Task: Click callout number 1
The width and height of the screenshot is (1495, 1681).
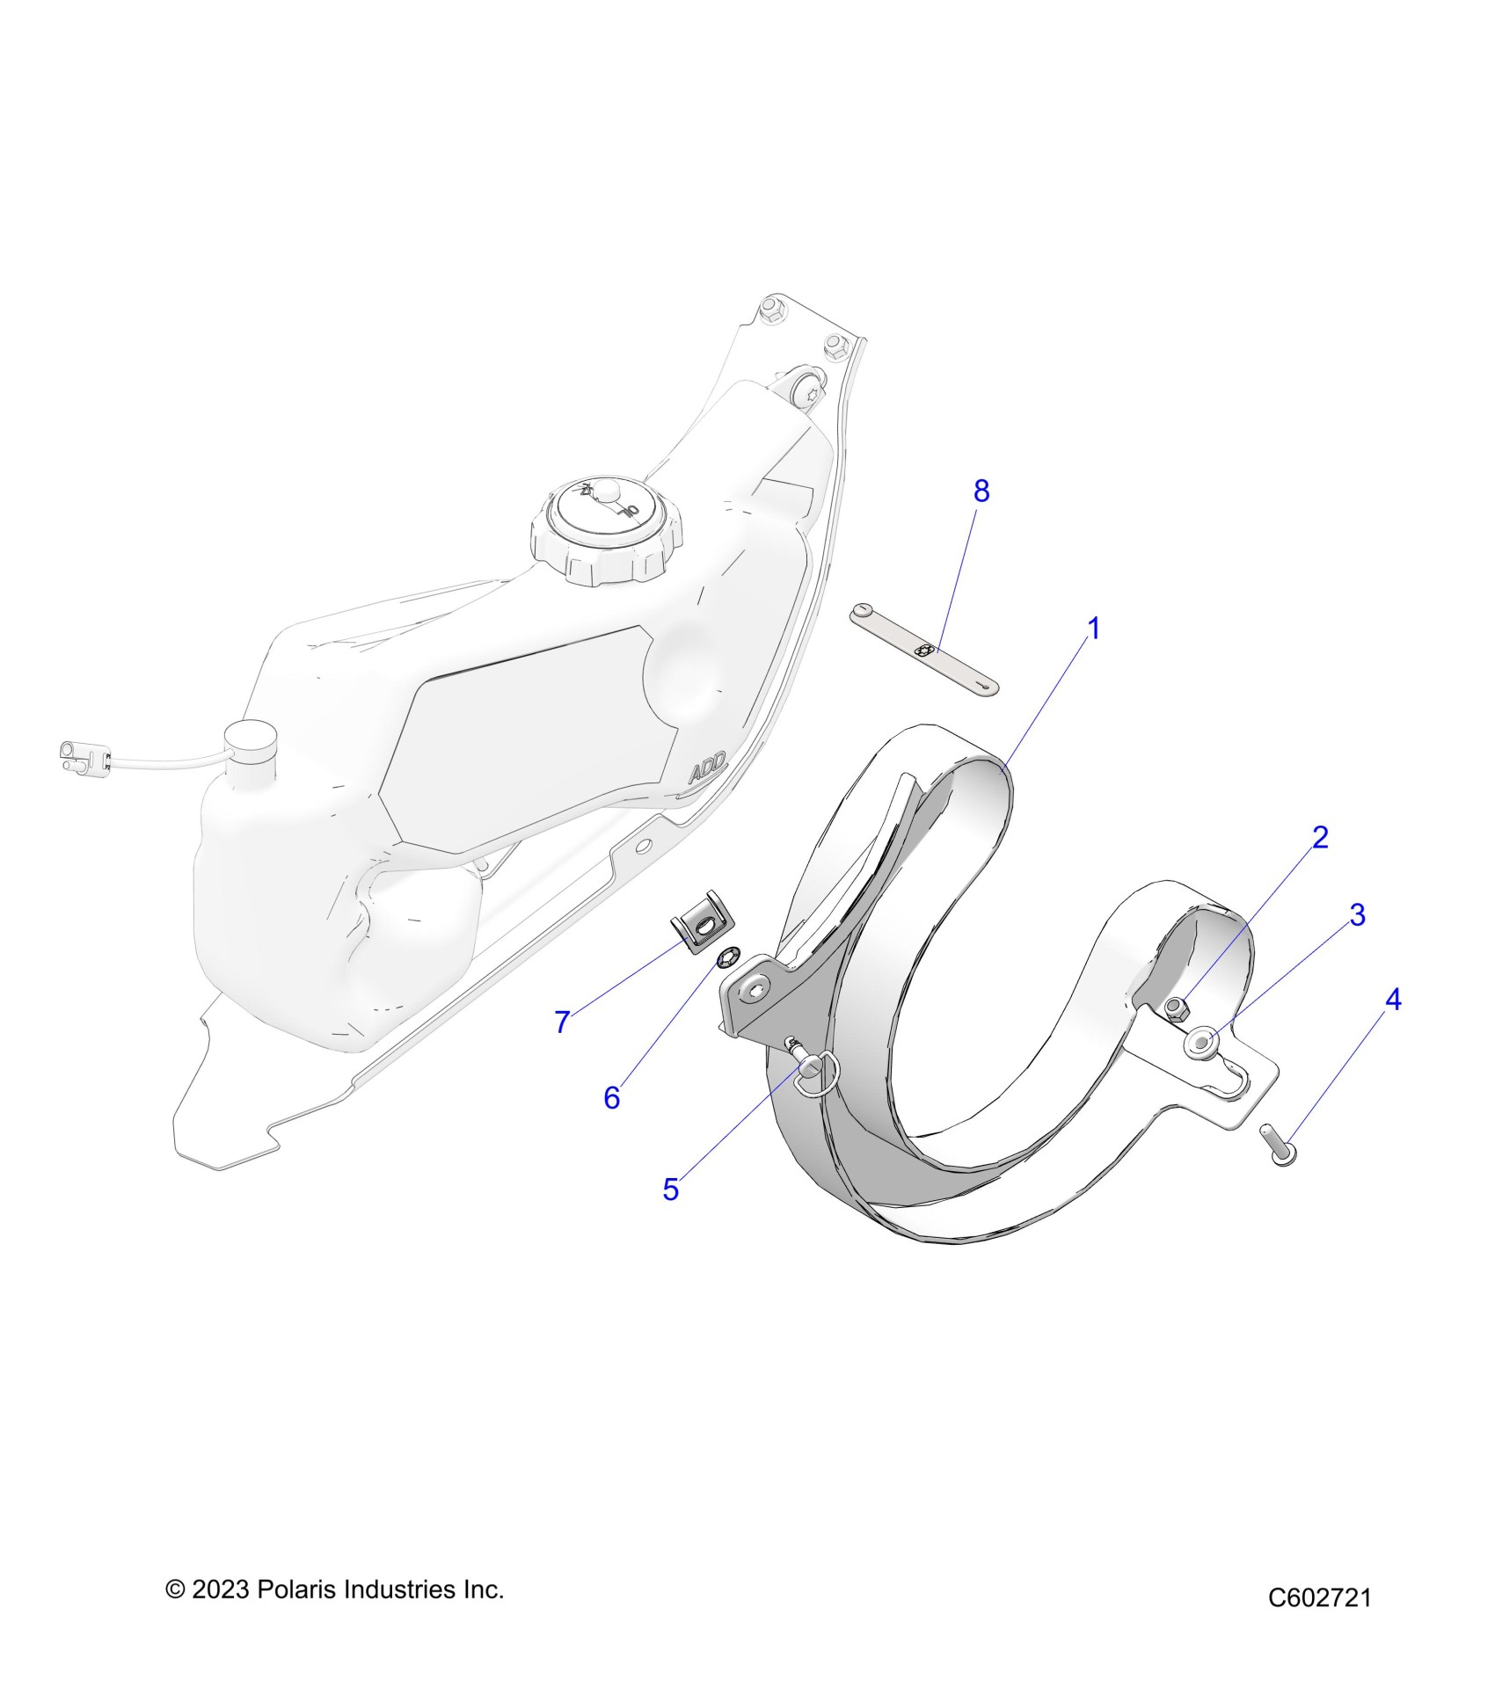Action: (x=1093, y=629)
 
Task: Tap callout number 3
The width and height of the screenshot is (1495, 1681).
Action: (x=1357, y=915)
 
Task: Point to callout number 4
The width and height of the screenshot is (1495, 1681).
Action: (x=1392, y=1000)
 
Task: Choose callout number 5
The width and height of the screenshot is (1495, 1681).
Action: (x=670, y=1190)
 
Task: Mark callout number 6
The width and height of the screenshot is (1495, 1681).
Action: (x=611, y=1097)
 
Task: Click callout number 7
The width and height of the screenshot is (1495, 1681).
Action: (x=562, y=1022)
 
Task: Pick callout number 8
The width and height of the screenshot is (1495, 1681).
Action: (x=981, y=491)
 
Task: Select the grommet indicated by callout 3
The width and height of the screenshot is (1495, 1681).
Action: (x=1202, y=1043)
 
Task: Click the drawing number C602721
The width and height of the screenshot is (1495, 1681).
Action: (x=1319, y=1597)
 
